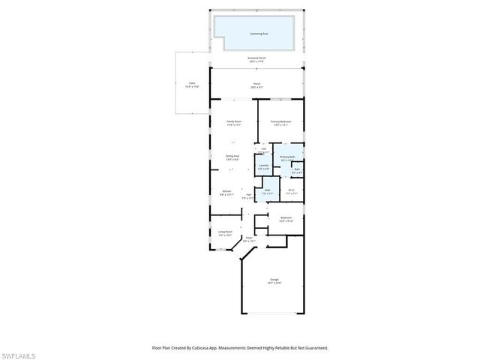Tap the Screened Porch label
256,58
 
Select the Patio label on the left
192,85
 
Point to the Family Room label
234,122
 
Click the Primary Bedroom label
280,122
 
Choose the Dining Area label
232,157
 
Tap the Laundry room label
263,166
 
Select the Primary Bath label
288,157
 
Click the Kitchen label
226,192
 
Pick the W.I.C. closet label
292,190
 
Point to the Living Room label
224,233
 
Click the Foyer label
249,238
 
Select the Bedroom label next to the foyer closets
286,219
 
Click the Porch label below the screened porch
256,85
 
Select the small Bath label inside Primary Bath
297,169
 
